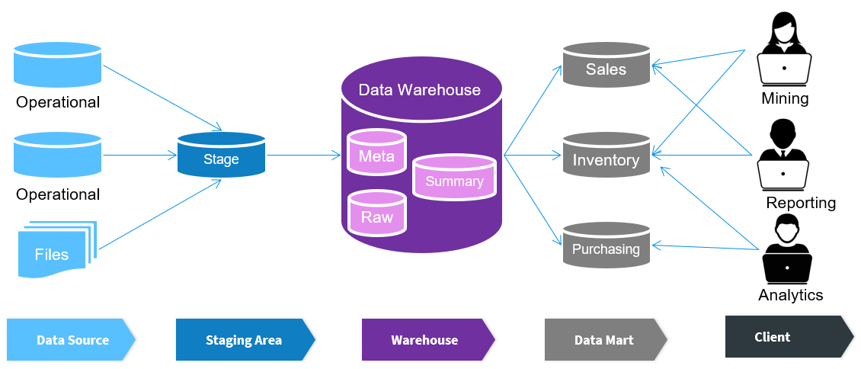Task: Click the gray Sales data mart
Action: point(606,66)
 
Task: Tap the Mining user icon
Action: point(784,53)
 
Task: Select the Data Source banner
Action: point(71,340)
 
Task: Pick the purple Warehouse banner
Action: point(426,340)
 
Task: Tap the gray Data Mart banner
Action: point(604,340)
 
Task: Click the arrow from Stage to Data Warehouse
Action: point(303,156)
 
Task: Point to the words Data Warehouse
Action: point(419,90)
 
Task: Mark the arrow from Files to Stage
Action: point(160,214)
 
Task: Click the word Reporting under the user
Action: point(801,203)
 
